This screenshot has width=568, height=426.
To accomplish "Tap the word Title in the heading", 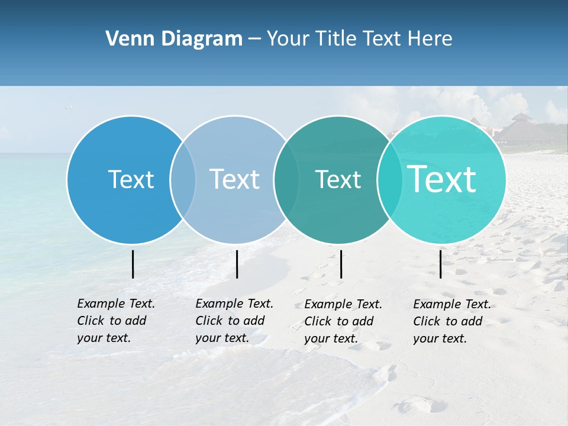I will (x=335, y=39).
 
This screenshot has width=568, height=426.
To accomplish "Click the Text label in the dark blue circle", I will (x=131, y=179).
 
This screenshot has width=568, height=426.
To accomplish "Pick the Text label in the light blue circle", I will (x=235, y=179).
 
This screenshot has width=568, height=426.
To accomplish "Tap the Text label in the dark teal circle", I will (x=338, y=179).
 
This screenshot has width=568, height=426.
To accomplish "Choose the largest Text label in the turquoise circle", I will (x=442, y=179).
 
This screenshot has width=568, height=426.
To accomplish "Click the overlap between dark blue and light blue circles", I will (x=183, y=179).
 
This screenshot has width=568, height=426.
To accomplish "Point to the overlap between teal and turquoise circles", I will (x=390, y=179).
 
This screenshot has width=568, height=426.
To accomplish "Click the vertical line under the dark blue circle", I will (x=133, y=264).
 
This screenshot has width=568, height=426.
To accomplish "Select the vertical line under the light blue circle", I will (x=237, y=264).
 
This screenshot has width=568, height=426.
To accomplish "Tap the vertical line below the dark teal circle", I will (x=341, y=264).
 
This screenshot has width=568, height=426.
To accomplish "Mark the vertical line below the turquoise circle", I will (x=441, y=264).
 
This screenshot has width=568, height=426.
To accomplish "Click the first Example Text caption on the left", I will (x=115, y=321).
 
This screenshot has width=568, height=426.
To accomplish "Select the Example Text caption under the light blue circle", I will (x=234, y=321).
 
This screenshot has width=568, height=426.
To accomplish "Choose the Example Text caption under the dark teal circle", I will (x=343, y=321).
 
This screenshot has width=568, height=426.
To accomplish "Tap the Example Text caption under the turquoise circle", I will (x=451, y=321).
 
